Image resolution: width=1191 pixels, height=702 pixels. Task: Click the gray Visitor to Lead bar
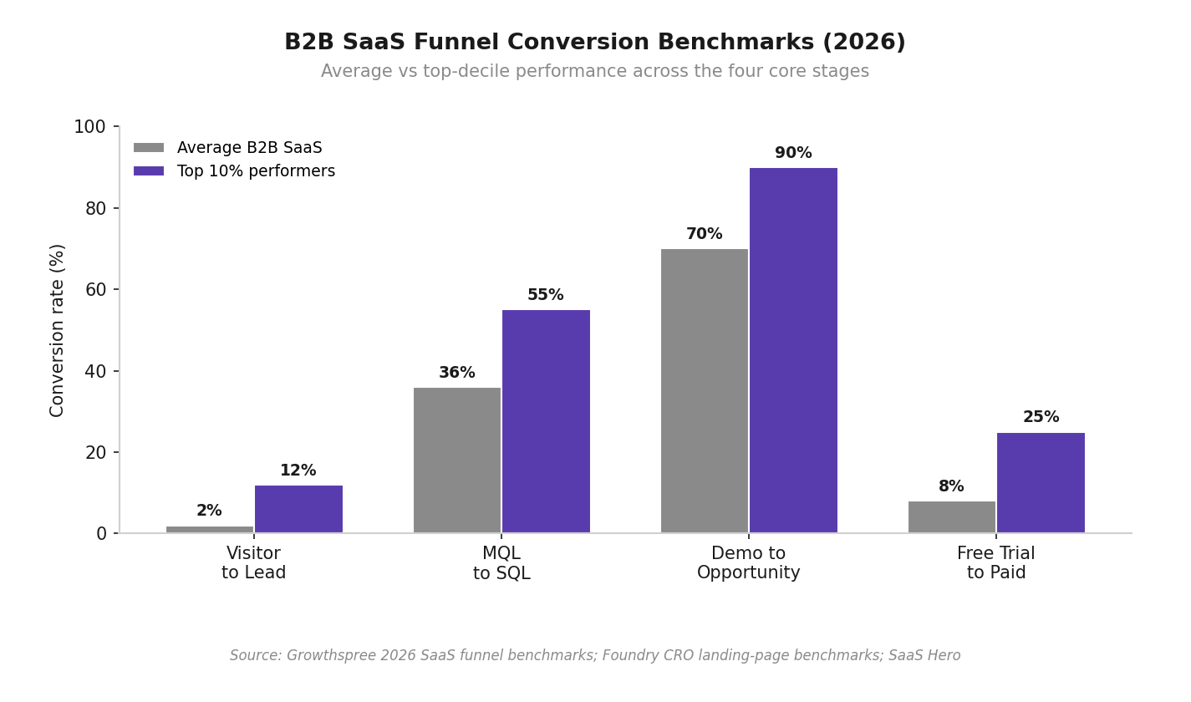point(210,529)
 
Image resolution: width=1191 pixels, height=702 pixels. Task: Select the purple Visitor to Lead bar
point(298,509)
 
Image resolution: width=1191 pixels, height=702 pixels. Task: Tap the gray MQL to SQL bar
point(457,460)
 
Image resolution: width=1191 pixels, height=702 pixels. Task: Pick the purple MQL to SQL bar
point(546,421)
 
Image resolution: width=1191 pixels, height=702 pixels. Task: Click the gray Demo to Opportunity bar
point(705,391)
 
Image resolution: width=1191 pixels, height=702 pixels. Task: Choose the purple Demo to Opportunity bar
point(793,350)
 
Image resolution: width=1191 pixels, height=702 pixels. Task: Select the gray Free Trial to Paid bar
point(952,517)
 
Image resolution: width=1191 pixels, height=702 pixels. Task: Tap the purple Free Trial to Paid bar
point(1041,483)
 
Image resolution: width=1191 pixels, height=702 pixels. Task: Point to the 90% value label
point(793,153)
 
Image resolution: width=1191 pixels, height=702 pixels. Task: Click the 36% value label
point(457,372)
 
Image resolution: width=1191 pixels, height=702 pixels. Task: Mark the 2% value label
point(210,511)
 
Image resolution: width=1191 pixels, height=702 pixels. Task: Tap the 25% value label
point(1041,416)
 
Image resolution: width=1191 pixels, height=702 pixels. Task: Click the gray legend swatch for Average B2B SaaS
point(149,147)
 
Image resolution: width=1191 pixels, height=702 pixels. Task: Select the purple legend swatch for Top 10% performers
point(149,170)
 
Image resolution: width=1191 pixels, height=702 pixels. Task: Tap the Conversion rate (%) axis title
point(56,331)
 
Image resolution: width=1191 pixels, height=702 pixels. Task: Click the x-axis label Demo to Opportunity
point(749,562)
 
